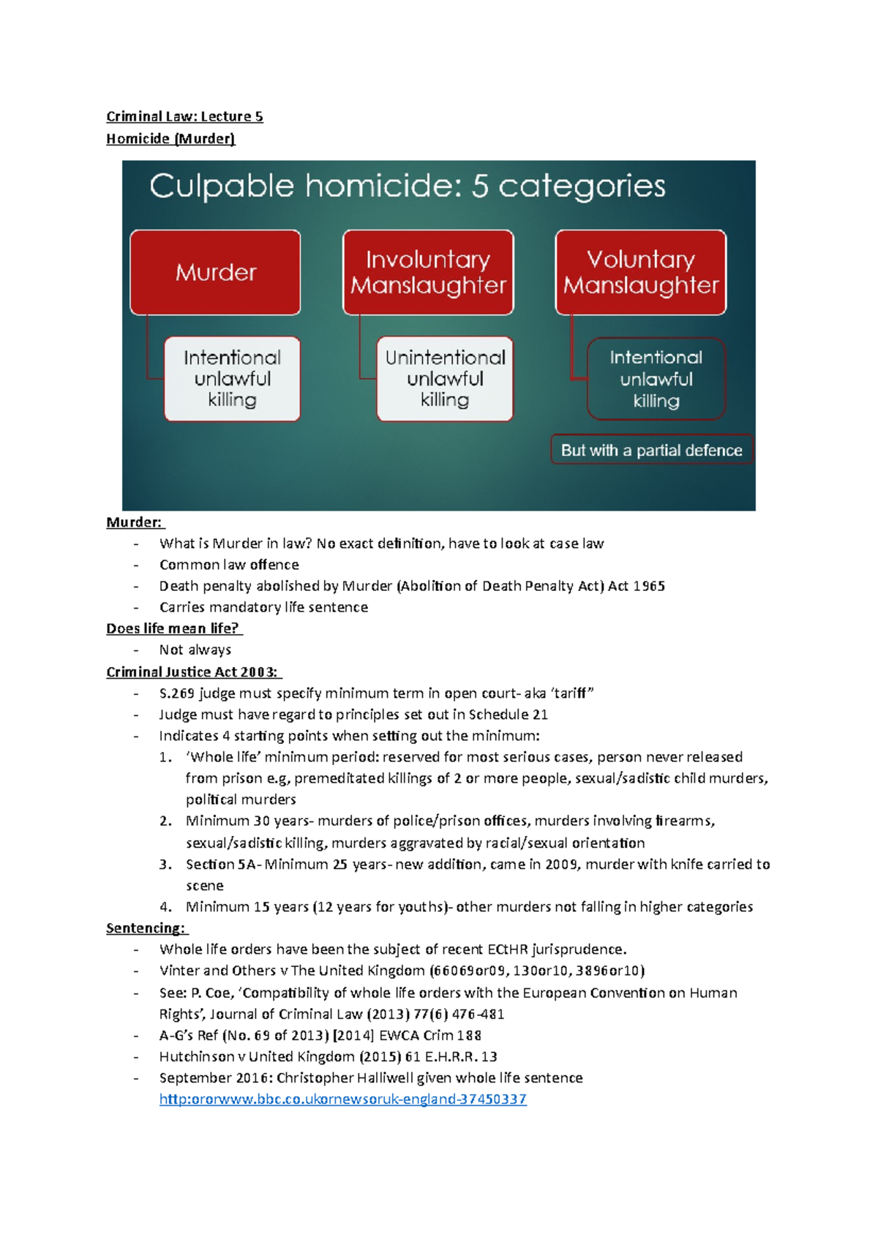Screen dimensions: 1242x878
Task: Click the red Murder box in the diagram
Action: [215, 272]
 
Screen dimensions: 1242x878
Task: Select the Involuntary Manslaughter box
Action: [428, 272]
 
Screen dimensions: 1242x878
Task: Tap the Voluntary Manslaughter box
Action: [641, 272]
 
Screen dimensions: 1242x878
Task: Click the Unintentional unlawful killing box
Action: [445, 379]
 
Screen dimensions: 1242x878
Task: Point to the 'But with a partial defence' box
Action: [651, 450]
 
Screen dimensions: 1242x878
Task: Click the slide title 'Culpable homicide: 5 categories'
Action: [408, 186]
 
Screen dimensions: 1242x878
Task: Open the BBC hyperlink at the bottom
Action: [342, 1099]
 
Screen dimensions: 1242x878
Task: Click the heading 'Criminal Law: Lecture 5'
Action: [184, 116]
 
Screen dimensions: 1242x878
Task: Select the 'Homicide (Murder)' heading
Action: [170, 138]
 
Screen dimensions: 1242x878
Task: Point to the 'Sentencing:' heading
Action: [146, 927]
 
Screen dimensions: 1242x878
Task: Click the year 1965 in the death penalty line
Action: [648, 586]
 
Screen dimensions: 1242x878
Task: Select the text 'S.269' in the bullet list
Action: [176, 693]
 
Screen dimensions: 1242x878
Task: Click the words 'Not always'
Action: [195, 650]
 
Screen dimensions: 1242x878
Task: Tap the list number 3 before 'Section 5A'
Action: [165, 864]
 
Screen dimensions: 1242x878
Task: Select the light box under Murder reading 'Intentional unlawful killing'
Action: [232, 379]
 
